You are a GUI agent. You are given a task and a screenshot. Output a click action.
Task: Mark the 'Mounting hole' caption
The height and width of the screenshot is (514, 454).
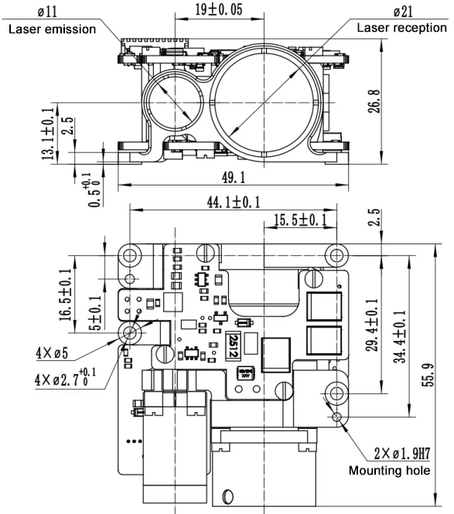point(388,469)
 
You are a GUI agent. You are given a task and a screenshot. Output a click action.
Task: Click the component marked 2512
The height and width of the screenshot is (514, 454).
point(234,345)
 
